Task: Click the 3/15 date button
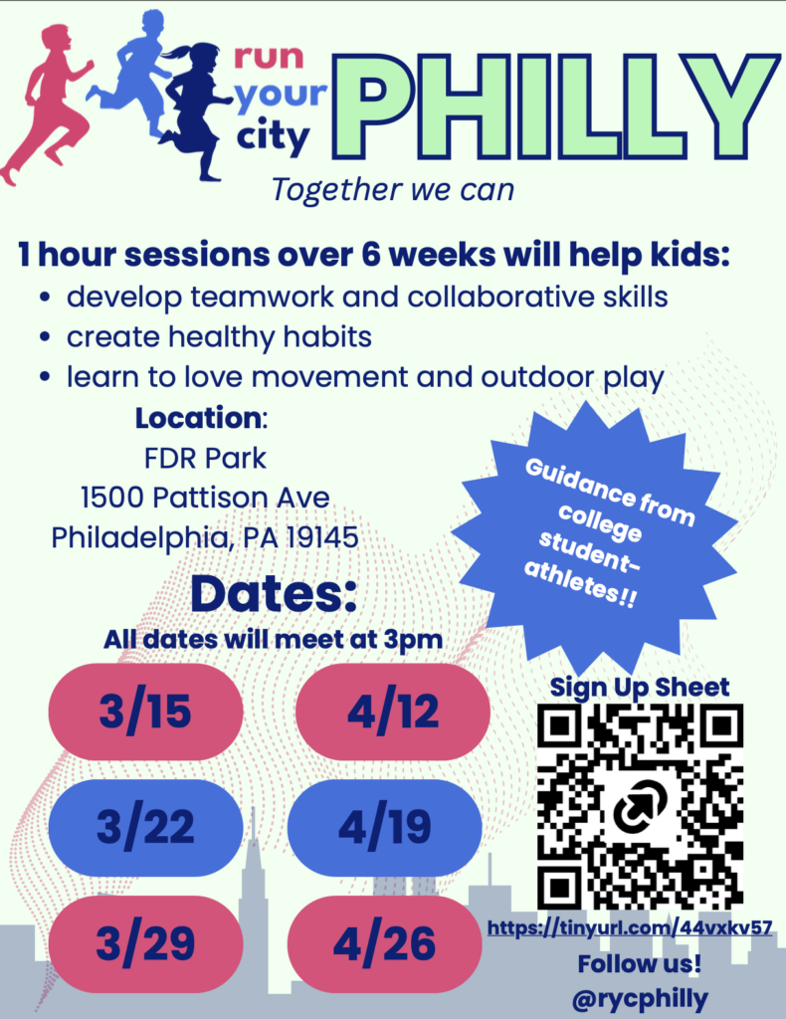tap(145, 712)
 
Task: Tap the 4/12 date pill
tap(392, 712)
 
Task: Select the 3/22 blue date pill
tap(145, 827)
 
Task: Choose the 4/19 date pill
tap(385, 827)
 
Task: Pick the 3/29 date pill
tap(145, 943)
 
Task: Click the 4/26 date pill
tap(385, 943)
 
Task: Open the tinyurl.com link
tap(630, 927)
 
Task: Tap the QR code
tap(641, 806)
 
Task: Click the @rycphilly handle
tap(640, 997)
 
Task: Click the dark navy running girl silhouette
tap(195, 110)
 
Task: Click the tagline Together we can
tap(392, 190)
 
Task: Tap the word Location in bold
tap(198, 418)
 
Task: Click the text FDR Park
tap(205, 458)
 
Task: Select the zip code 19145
tap(322, 537)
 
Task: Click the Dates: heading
tap(274, 594)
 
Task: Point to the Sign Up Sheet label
tap(640, 687)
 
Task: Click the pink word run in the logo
tap(269, 57)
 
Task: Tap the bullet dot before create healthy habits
tap(44, 337)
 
